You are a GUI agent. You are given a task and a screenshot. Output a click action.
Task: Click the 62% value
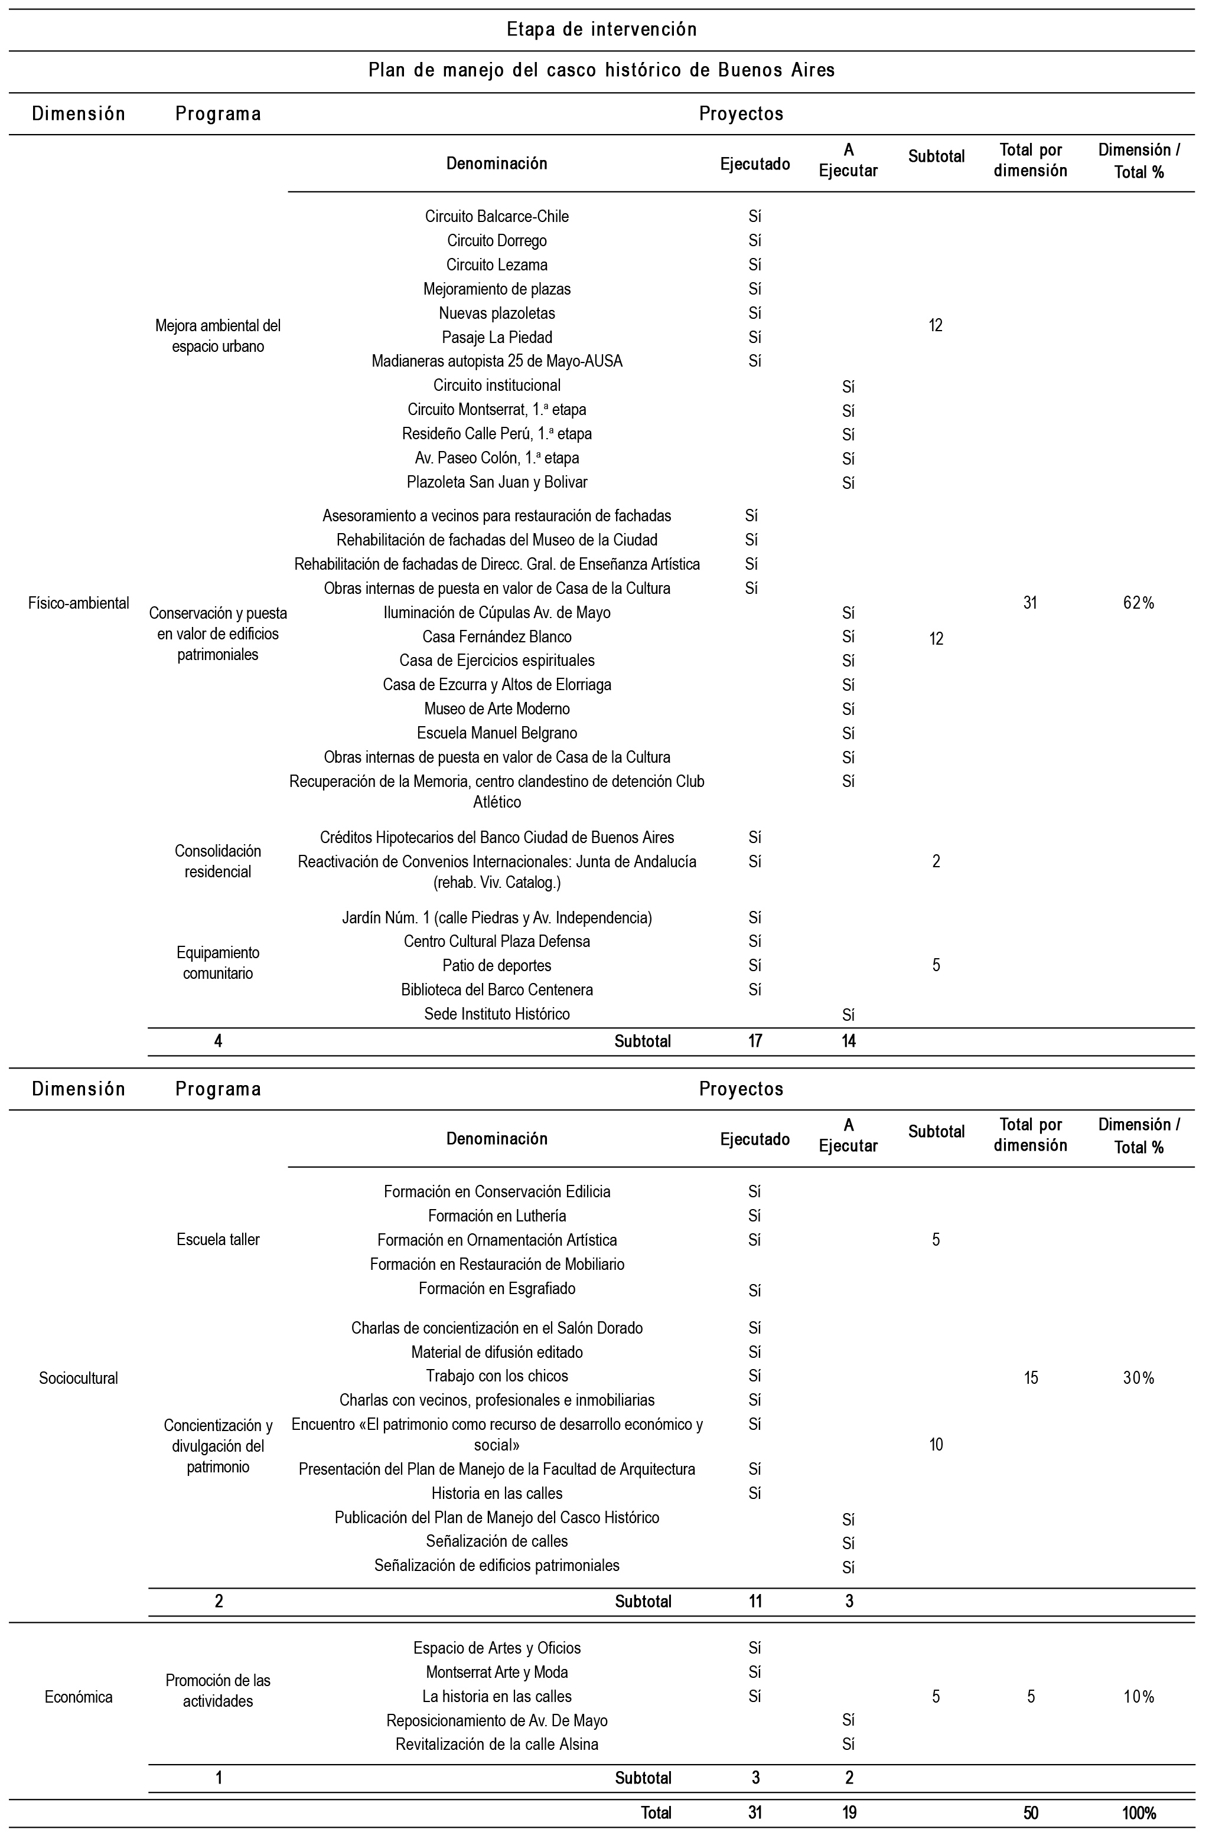point(1138,603)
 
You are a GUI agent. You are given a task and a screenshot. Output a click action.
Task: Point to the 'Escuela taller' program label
point(218,1239)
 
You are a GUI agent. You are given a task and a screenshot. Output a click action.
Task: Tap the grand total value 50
point(1031,1812)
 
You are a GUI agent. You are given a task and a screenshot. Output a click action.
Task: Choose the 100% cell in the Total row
point(1138,1812)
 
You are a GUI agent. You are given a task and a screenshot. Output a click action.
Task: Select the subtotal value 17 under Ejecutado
point(755,1041)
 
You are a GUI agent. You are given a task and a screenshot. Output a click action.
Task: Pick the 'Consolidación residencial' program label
point(218,861)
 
